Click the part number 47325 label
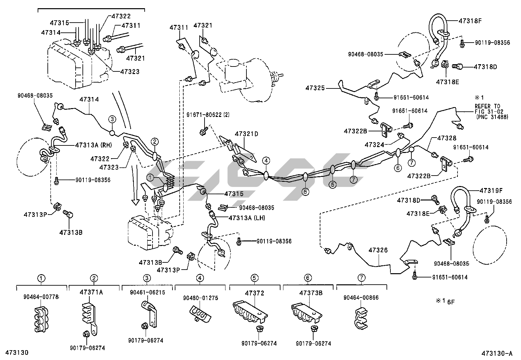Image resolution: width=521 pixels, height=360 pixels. pos(315,88)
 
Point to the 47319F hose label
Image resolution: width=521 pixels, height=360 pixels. pos(492,190)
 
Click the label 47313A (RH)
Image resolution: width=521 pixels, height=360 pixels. pos(94,144)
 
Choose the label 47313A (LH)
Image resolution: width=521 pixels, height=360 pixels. pos(247,218)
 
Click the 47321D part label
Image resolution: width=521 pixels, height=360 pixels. pos(246,134)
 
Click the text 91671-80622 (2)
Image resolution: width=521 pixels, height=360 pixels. pos(208,115)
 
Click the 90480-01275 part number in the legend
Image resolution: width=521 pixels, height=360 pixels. pos(200,298)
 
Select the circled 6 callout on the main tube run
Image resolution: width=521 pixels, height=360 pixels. pos(398,168)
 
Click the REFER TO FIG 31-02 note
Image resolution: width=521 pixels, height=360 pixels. pos(491,111)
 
